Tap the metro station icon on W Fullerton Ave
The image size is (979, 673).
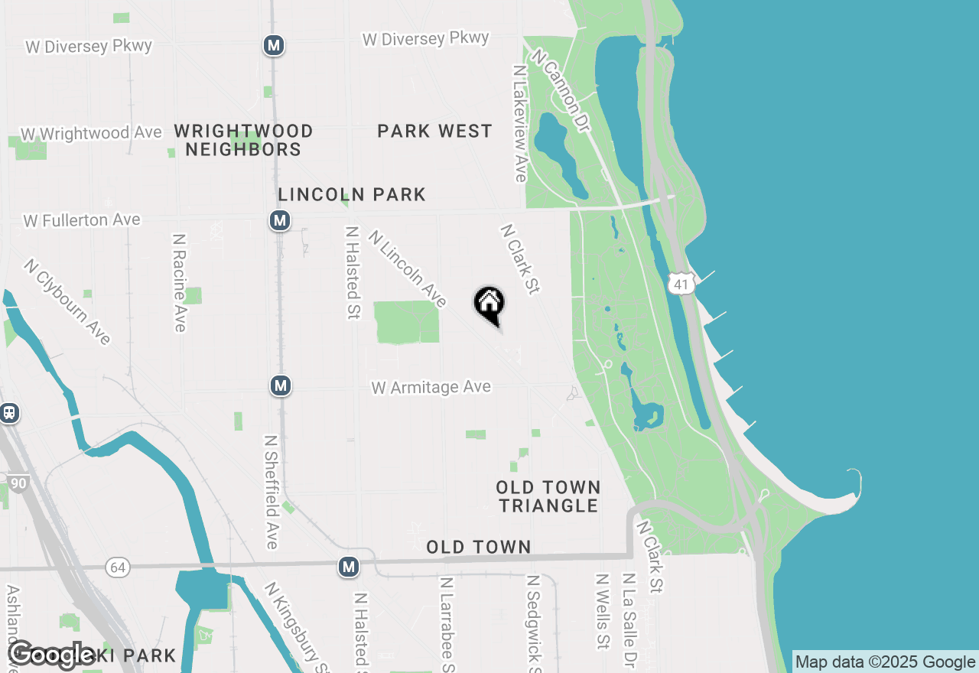280,221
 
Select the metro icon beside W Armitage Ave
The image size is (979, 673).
281,385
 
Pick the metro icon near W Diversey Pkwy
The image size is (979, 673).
274,45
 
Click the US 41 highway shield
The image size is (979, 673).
680,283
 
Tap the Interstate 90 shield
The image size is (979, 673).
18,483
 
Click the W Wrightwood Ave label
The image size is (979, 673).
91,133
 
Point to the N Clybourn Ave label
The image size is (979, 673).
67,301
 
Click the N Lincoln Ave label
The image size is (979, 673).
407,268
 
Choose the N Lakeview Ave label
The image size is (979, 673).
521,123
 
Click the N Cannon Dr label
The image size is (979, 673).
562,91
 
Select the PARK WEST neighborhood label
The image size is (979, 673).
434,132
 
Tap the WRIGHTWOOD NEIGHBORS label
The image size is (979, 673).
243,140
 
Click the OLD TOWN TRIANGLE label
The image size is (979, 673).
548,496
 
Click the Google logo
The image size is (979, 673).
52,655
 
